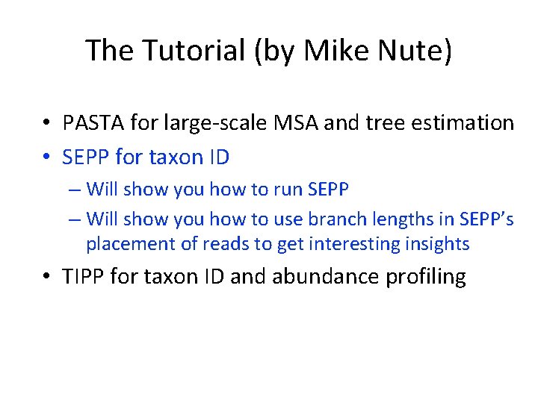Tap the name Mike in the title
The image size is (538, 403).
[328, 51]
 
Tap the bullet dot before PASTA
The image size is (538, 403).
[47, 123]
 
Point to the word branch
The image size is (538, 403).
[327, 219]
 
